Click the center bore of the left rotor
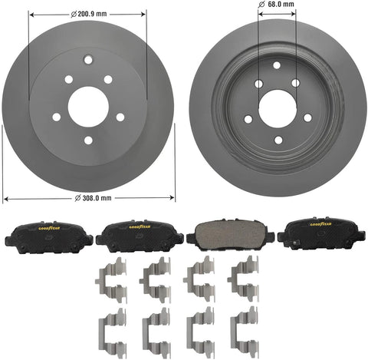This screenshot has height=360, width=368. [88, 107]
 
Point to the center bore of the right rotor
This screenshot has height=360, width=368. [278, 109]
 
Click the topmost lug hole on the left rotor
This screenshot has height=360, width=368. [88, 60]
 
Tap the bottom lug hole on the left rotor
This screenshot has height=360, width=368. [88, 140]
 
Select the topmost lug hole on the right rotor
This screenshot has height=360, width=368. [277, 65]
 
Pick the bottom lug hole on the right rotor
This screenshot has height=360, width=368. [278, 140]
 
